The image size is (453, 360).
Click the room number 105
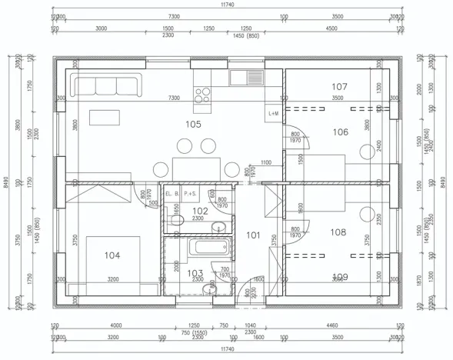click(x=192, y=123)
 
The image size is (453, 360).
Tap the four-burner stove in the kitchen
click(x=203, y=95)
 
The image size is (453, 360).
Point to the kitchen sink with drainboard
click(x=246, y=77)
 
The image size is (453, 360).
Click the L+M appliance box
click(x=274, y=112)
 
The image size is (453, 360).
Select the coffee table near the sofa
click(x=105, y=118)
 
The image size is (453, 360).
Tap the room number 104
click(x=112, y=255)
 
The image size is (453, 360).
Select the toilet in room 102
click(x=177, y=222)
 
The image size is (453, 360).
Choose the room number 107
click(x=340, y=86)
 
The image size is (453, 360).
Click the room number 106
click(x=340, y=132)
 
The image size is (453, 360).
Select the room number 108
click(x=338, y=231)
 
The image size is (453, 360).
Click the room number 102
click(x=199, y=210)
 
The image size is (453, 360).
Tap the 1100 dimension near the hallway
click(x=265, y=162)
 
